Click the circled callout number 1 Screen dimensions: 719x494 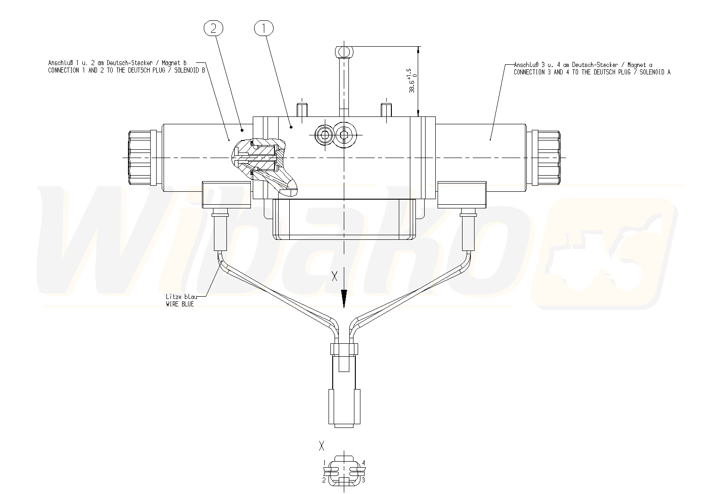point(264,29)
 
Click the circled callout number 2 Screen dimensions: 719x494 point(213,29)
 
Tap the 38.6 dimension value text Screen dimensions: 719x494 point(412,85)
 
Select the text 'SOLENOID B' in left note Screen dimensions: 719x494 point(189,70)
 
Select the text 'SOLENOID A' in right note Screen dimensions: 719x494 point(655,72)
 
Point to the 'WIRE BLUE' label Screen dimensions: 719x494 point(180,304)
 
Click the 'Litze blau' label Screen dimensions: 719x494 point(181,297)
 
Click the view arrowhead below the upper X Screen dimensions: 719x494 point(344,299)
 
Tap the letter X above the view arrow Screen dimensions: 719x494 point(335,276)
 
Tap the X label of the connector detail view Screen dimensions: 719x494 point(321,445)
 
